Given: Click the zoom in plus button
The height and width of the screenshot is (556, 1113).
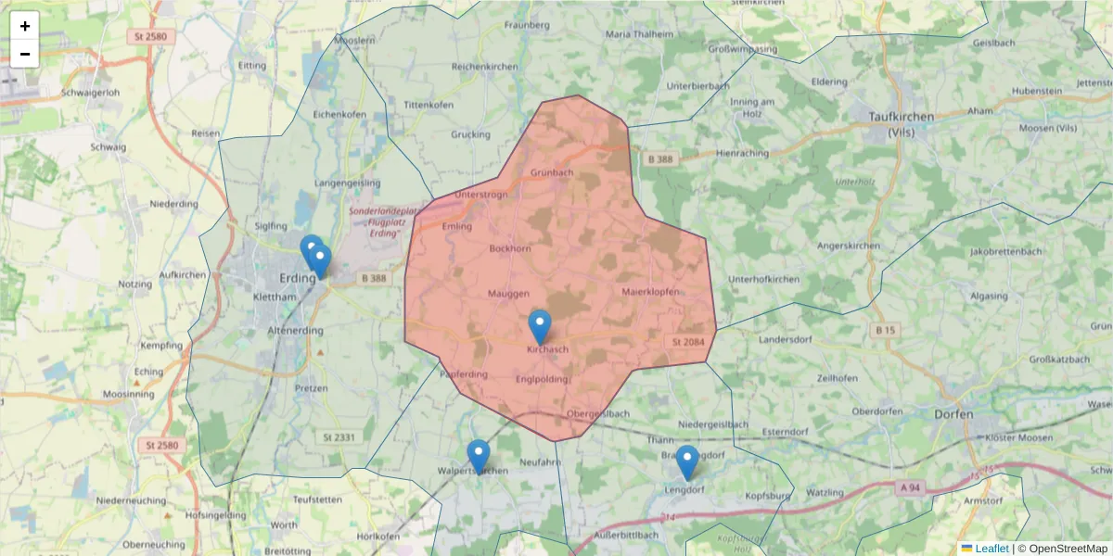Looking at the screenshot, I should tap(25, 26).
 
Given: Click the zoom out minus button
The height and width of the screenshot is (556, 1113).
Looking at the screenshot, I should tap(25, 54).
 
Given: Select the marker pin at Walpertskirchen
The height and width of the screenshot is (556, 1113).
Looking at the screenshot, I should tap(479, 457).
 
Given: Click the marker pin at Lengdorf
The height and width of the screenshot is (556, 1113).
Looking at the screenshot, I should tap(686, 462).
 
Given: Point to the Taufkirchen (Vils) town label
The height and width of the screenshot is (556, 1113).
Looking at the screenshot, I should tap(902, 123).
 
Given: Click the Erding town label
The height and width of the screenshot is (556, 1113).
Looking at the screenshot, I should tap(298, 277).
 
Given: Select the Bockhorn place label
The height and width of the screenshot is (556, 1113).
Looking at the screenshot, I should tap(510, 249).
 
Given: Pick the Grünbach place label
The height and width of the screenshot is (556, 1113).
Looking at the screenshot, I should tap(552, 172).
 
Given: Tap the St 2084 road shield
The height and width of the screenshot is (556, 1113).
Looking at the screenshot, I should tap(686, 342).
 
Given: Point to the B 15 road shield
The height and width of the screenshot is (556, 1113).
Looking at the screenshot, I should tap(885, 330).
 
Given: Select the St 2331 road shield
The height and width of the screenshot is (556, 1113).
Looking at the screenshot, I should tap(339, 436).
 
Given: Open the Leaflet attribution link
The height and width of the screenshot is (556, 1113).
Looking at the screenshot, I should tap(991, 549).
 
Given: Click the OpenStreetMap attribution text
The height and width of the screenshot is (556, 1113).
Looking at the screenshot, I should tap(1068, 549).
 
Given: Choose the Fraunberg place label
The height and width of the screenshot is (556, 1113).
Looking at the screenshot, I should tap(527, 25).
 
